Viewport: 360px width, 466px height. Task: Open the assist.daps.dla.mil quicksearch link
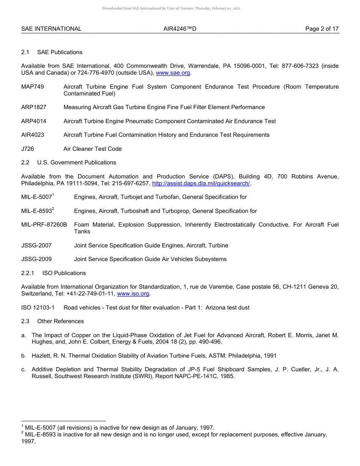[201, 183]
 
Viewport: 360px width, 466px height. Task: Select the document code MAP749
[33, 87]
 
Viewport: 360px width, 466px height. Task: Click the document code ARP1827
[34, 107]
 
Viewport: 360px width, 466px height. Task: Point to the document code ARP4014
[34, 121]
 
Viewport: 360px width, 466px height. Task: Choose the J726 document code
[28, 149]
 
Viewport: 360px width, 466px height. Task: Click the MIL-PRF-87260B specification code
[44, 225]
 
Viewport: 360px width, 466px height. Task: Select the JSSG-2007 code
[36, 246]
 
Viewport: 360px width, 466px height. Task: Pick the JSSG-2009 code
[36, 259]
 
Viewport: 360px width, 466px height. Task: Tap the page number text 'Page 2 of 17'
[322, 29]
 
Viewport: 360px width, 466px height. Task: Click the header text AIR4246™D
[180, 29]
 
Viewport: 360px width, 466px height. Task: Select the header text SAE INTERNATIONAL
[51, 29]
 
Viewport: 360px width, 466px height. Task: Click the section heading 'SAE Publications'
[59, 52]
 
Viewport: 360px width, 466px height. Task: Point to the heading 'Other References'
[60, 321]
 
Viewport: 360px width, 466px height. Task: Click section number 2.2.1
[28, 273]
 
